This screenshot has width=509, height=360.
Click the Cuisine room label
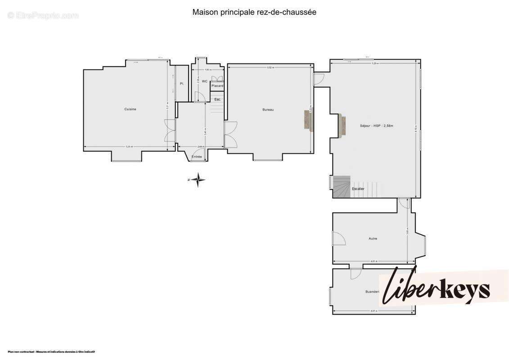131,109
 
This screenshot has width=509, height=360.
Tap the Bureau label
268,110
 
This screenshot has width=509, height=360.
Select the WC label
204,81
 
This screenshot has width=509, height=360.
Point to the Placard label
217,85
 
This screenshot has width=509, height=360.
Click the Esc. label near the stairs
217,99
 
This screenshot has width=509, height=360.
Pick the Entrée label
197,156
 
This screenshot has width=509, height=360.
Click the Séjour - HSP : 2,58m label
376,126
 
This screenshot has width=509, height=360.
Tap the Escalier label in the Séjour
358,189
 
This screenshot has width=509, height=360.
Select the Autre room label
372,238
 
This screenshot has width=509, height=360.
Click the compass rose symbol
197,180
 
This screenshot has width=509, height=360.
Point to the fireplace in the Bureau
308,121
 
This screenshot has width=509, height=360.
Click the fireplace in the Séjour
342,126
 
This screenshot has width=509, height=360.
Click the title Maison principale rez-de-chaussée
254,12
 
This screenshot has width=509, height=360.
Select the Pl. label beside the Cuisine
182,84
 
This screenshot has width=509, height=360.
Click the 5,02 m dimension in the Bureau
270,67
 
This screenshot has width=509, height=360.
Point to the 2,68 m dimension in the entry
201,147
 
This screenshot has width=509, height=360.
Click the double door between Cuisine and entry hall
170,130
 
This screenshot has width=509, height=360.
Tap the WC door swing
199,96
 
